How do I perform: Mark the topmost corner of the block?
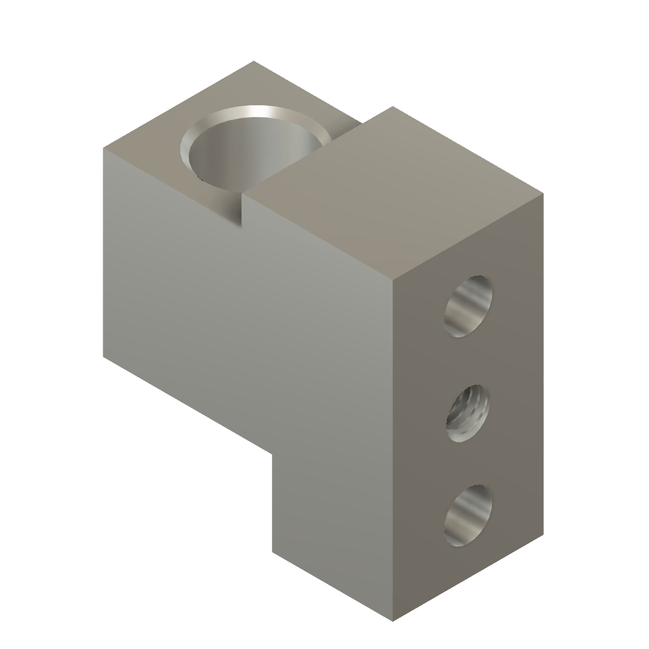[x=254, y=61]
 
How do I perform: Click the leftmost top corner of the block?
[x=104, y=148]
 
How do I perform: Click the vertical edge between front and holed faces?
[x=394, y=444]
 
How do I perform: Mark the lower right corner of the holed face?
[x=544, y=534]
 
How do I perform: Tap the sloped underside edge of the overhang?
[x=190, y=406]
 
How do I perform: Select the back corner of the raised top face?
[x=392, y=106]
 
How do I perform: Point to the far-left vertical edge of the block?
[x=104, y=254]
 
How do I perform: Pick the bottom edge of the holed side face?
[x=469, y=577]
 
